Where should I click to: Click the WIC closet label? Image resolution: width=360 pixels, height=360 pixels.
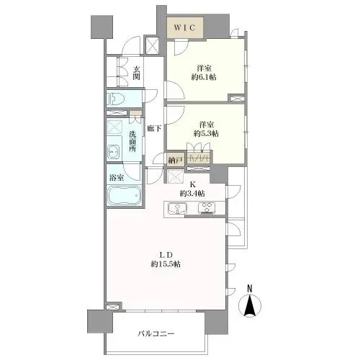(185, 29)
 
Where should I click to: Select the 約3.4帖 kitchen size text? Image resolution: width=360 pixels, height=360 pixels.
(192, 193)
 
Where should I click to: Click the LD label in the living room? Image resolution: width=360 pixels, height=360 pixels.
(166, 253)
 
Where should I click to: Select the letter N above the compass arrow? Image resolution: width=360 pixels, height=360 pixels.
(251, 289)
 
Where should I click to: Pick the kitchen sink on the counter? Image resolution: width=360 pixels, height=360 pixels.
(178, 209)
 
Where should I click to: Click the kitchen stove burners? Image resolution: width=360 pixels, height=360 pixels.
(207, 209)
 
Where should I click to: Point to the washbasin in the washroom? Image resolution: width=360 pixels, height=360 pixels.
(114, 152)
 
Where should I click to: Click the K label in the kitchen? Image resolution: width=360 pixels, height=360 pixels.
(192, 183)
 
